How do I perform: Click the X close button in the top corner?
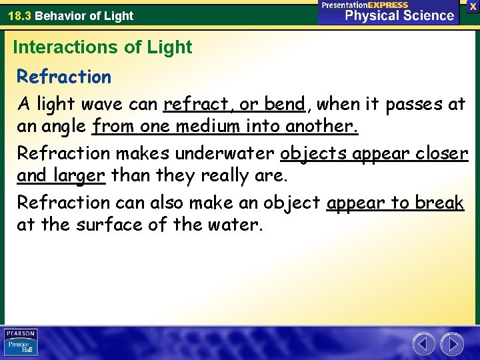(x=473, y=5)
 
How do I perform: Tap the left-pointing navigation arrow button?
(x=423, y=344)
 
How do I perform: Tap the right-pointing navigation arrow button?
(x=453, y=344)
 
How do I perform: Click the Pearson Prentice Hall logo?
(x=21, y=343)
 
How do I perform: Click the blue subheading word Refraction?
(x=64, y=77)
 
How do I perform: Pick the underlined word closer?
(x=440, y=153)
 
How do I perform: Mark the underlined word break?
(x=439, y=202)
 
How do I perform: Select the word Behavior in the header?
(x=59, y=15)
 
